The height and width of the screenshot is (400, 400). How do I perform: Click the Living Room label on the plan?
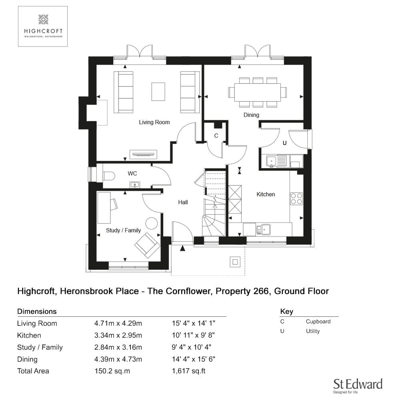[x=154, y=122]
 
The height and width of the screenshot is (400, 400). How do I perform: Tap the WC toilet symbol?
[x=109, y=176]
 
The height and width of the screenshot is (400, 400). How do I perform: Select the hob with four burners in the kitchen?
[x=296, y=199]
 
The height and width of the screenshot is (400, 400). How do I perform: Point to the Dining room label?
[x=251, y=115]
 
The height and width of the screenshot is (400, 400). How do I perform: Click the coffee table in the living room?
[x=158, y=92]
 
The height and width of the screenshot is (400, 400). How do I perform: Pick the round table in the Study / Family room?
[x=152, y=224]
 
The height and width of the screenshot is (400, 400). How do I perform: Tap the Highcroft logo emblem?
[x=43, y=19]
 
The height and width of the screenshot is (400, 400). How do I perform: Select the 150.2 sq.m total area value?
[x=112, y=371]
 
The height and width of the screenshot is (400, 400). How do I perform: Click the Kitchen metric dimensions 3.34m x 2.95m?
[x=118, y=335]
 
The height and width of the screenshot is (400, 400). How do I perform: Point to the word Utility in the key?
[x=313, y=331]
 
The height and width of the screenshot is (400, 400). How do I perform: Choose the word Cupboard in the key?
[x=318, y=322]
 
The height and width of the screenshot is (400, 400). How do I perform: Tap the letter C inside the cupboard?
[x=216, y=136]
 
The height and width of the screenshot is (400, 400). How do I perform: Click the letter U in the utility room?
[x=284, y=143]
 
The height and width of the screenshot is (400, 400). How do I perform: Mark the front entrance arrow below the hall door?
[x=182, y=248]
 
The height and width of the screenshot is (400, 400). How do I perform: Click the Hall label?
[x=183, y=202]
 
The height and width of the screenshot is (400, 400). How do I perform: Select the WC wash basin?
[x=135, y=185]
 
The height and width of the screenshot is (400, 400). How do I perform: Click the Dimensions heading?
[x=37, y=311]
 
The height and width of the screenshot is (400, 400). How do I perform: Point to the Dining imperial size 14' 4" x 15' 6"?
[x=193, y=359]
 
